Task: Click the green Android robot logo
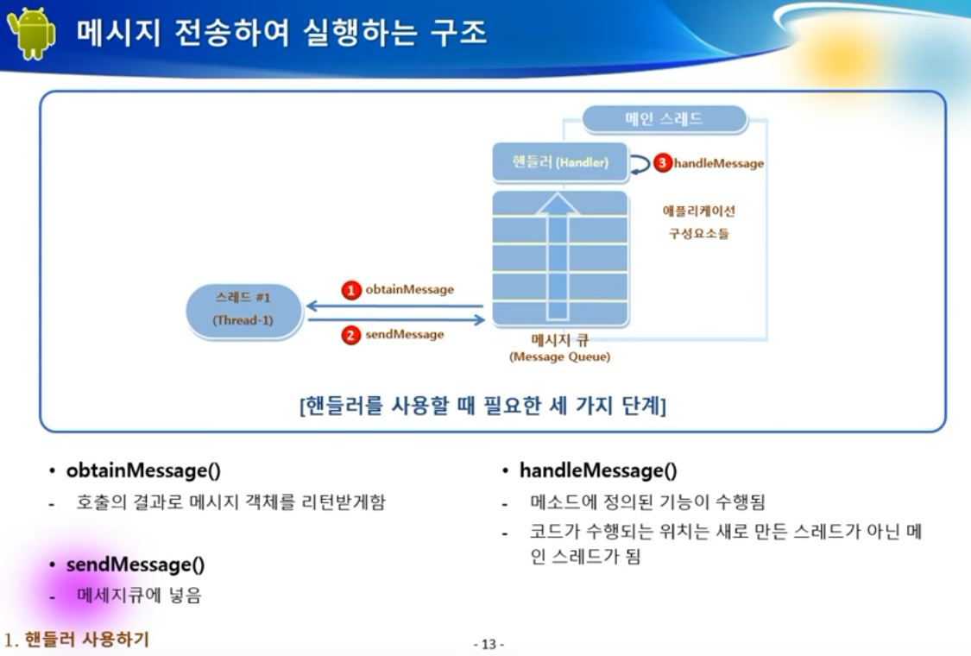(32, 34)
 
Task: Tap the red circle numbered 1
(350, 291)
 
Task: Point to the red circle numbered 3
(662, 163)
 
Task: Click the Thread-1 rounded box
(243, 309)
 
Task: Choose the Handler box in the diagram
(560, 162)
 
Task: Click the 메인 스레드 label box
(663, 119)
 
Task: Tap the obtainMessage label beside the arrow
(409, 290)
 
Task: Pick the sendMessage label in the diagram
(404, 335)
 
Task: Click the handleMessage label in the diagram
(718, 163)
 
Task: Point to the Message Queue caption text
(559, 349)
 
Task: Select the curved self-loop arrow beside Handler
(640, 164)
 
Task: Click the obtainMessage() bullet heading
(143, 471)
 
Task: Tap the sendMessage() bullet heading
(136, 565)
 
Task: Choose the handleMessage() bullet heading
(597, 471)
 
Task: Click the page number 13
(489, 644)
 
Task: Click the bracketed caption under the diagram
(482, 406)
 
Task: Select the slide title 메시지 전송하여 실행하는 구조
(281, 33)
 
